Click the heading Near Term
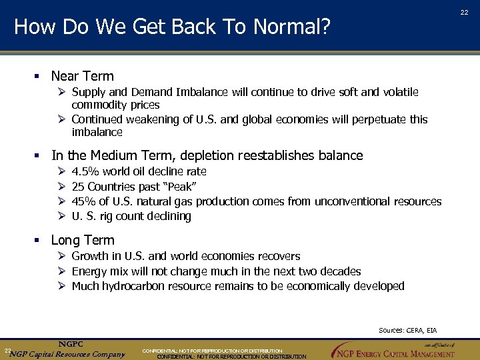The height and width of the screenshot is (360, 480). pyautogui.click(x=83, y=76)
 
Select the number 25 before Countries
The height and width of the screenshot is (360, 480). pyautogui.click(x=78, y=187)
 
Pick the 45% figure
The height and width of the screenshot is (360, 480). pyautogui.click(x=83, y=201)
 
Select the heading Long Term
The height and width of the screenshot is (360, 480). pyautogui.click(x=83, y=240)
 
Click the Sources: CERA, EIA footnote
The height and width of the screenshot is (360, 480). pyautogui.click(x=407, y=330)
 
